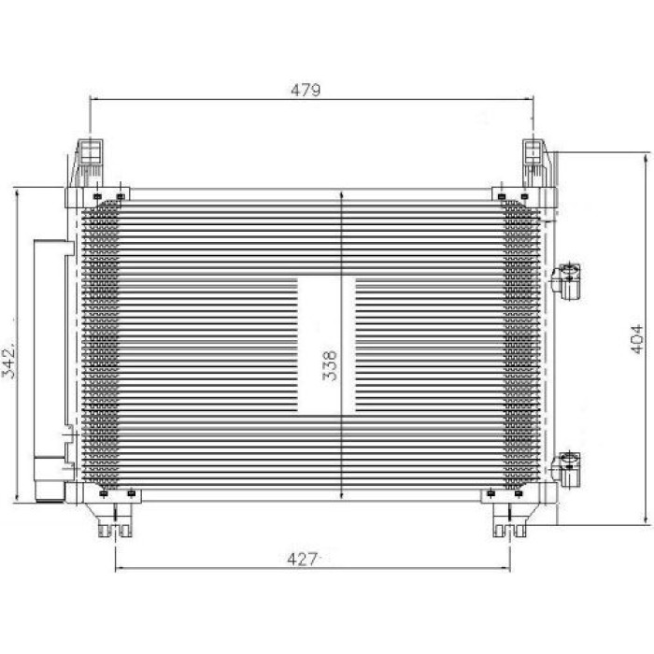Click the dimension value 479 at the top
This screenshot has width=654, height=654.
click(306, 90)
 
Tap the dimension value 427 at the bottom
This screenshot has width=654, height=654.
click(303, 559)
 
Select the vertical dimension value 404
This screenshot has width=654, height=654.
click(636, 338)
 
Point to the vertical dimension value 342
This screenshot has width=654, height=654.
click(8, 360)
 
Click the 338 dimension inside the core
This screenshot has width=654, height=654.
click(330, 365)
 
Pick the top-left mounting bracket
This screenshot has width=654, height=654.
click(87, 163)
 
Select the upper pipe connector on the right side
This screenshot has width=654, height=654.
click(566, 281)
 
